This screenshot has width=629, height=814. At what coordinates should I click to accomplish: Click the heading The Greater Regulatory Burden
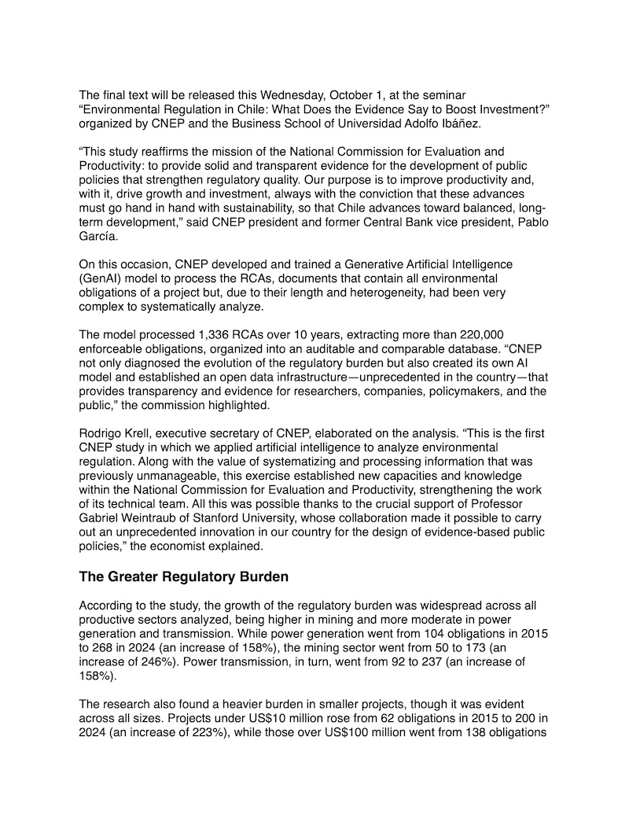point(184,576)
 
